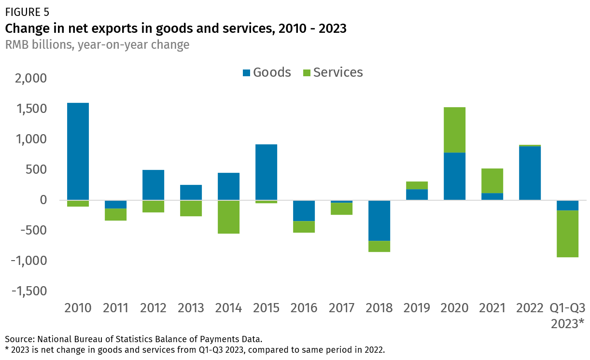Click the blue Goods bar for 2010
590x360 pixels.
click(78, 151)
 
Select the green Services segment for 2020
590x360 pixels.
click(454, 130)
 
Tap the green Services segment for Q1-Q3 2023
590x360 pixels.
click(567, 234)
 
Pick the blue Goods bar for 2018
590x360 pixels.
click(379, 221)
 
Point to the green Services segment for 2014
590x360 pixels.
click(228, 217)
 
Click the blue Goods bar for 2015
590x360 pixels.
click(266, 172)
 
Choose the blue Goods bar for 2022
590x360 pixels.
click(530, 173)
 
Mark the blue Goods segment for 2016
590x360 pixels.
click(304, 211)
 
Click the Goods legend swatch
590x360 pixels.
click(246, 73)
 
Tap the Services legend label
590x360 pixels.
click(338, 72)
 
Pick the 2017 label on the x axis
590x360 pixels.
click(341, 308)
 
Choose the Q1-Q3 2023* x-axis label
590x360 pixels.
click(567, 315)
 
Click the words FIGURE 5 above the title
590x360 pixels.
click(27, 12)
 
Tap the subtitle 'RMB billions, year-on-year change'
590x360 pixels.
click(97, 45)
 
